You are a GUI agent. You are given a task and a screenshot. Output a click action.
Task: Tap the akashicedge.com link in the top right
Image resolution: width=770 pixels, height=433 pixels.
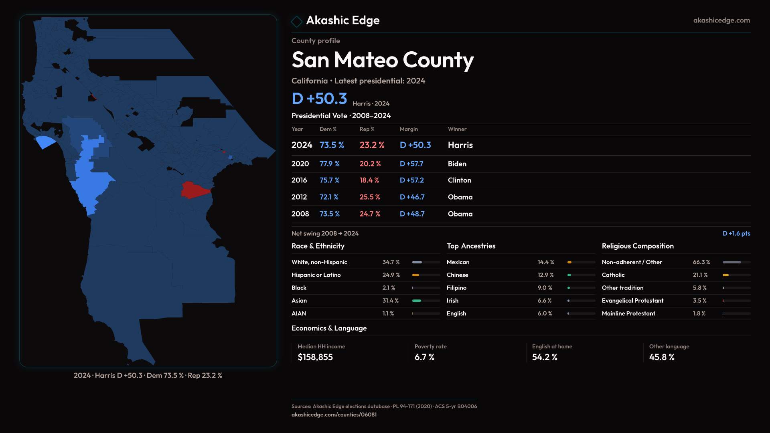click(x=721, y=20)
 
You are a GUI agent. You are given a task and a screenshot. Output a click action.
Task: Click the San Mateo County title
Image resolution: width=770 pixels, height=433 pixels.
click(x=383, y=60)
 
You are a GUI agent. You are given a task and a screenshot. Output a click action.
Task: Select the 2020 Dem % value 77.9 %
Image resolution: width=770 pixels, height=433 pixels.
click(x=329, y=164)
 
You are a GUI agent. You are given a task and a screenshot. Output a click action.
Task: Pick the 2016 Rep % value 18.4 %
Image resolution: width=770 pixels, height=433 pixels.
click(x=369, y=180)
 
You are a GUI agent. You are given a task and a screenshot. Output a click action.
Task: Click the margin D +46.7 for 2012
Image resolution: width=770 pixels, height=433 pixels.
click(x=412, y=197)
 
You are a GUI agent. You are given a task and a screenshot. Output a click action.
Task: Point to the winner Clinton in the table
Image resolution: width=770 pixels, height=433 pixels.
click(x=459, y=180)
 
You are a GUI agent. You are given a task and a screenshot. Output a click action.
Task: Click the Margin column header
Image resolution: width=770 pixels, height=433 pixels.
click(x=409, y=129)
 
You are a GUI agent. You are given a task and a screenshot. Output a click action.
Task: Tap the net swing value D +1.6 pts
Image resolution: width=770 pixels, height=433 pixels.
click(x=736, y=233)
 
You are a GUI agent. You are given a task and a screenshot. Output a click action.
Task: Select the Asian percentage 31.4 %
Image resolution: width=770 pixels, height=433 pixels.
click(x=390, y=301)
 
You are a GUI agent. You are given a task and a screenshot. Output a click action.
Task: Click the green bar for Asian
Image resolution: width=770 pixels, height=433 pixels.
click(x=417, y=301)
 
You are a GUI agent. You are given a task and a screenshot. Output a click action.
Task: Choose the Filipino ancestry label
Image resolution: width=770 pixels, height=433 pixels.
click(x=456, y=288)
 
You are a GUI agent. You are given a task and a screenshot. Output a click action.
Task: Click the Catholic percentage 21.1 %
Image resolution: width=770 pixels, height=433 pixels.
click(x=700, y=275)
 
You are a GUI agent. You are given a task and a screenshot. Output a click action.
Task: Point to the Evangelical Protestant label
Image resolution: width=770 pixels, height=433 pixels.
click(x=632, y=301)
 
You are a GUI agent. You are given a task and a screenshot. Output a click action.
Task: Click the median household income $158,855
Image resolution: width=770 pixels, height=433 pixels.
click(x=315, y=357)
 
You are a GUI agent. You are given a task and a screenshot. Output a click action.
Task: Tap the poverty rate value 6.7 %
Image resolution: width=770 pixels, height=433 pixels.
click(x=424, y=357)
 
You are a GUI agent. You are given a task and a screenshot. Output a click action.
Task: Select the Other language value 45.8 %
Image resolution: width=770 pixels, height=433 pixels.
click(x=662, y=357)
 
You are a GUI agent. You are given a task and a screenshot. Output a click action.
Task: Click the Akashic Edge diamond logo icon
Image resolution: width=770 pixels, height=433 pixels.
click(x=297, y=21)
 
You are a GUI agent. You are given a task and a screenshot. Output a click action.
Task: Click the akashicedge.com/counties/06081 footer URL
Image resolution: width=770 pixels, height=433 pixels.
click(x=334, y=415)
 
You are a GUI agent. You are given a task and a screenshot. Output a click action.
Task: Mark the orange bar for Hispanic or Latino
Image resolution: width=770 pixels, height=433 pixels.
click(x=415, y=275)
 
